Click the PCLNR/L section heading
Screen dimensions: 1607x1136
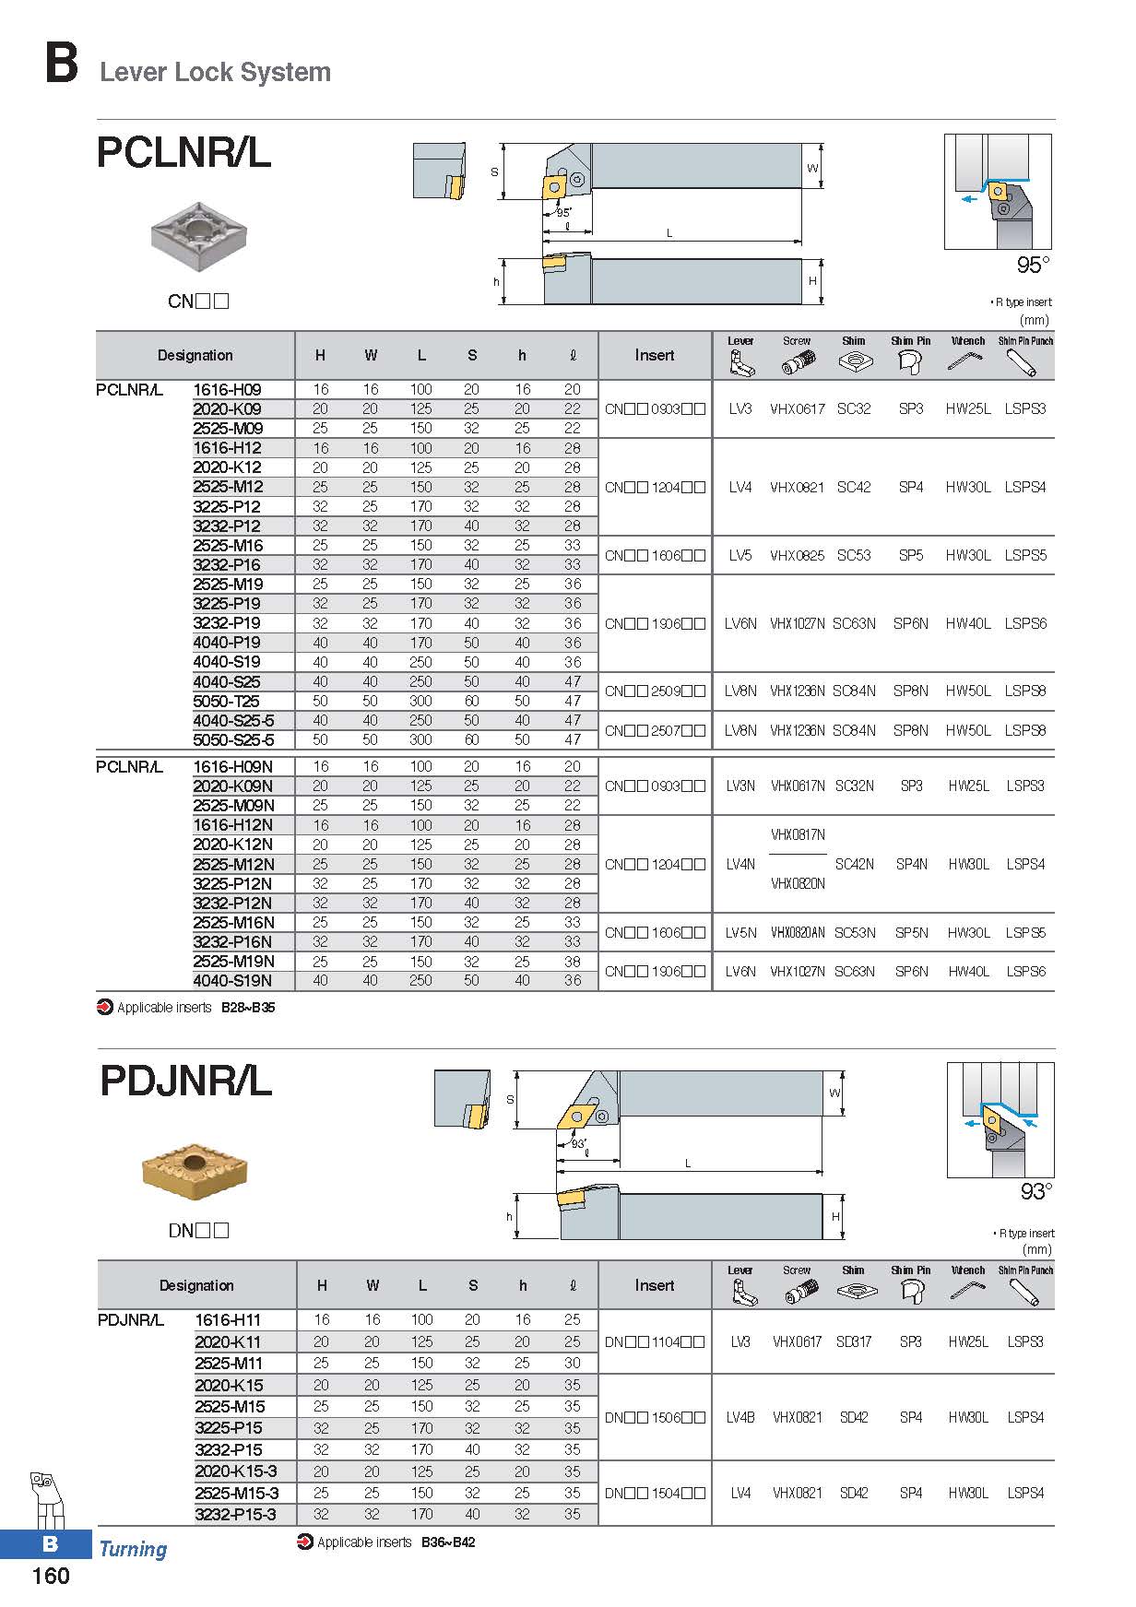coord(183,153)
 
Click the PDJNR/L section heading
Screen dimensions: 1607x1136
coord(185,1081)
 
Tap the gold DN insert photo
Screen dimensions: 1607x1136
coord(195,1173)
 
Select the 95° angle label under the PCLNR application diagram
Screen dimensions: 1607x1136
coord(1032,266)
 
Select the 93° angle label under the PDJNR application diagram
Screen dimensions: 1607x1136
coord(1035,1192)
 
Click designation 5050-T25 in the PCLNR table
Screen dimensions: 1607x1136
coord(227,701)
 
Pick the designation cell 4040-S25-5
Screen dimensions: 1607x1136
coord(233,720)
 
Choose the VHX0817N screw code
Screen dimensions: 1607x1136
coord(798,834)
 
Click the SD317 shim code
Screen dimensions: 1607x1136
coord(854,1341)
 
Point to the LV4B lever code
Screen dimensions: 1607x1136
coord(740,1417)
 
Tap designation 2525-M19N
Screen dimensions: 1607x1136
coord(232,961)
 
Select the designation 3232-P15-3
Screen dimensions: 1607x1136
coord(235,1514)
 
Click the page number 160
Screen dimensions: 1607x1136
coord(51,1576)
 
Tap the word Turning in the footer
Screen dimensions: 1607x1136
coord(133,1549)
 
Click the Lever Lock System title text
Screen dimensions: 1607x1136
coord(215,72)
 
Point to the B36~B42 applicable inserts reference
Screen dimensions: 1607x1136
coord(448,1542)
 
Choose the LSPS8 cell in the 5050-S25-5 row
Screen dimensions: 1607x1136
coord(1025,730)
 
